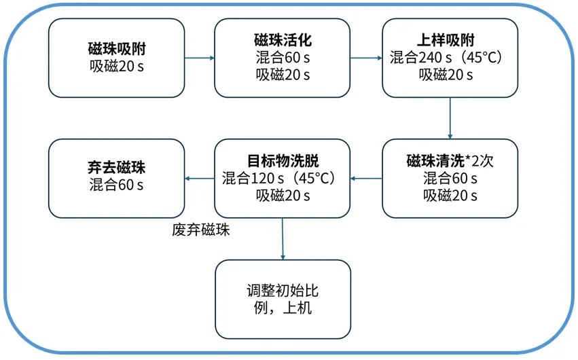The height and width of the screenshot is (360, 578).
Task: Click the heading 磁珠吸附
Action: click(117, 49)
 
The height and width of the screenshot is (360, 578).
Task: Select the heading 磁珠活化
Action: click(283, 40)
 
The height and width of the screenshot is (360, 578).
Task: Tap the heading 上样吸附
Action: click(446, 40)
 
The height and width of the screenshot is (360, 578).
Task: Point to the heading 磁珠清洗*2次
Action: click(450, 161)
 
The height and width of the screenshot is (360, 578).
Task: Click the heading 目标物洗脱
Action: click(283, 161)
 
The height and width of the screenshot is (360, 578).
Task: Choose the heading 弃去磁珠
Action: click(117, 168)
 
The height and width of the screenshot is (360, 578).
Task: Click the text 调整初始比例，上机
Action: click(283, 299)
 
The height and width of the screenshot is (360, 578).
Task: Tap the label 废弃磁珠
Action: click(201, 230)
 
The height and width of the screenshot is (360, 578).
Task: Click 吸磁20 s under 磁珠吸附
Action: click(117, 67)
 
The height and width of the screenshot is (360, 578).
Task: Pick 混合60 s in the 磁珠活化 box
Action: click(283, 58)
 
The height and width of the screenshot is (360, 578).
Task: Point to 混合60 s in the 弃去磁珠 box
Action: click(117, 185)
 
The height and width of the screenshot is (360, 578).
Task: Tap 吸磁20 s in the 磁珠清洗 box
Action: click(450, 196)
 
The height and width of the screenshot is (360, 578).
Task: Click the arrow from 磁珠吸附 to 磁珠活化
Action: click(200, 58)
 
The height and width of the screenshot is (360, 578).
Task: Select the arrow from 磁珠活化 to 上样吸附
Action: click(366, 58)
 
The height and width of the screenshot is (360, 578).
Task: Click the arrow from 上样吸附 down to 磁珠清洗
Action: click(450, 118)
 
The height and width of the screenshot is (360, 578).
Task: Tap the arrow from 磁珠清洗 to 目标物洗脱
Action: click(366, 179)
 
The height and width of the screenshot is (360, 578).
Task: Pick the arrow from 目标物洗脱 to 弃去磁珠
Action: click(200, 179)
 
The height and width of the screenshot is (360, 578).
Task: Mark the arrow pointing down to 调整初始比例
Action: click(283, 239)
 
